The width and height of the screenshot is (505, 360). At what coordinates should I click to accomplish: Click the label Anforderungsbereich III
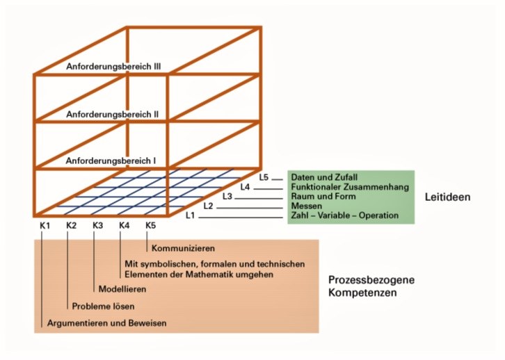coord(113,67)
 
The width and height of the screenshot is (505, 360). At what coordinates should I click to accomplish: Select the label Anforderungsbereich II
coord(113,113)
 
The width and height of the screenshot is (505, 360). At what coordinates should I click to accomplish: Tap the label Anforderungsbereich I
coord(111,161)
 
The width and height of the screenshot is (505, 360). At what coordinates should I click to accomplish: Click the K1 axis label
coord(44,225)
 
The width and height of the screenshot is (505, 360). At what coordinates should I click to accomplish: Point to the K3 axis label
coord(98,225)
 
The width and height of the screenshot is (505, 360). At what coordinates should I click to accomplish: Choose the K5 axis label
coord(152,225)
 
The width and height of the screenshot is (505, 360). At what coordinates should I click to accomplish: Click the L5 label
coord(264,177)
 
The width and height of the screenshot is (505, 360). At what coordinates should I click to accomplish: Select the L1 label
coord(190,216)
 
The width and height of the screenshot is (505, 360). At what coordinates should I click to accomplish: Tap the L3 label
coord(227,197)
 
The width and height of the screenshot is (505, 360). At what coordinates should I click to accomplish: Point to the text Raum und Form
coord(323,197)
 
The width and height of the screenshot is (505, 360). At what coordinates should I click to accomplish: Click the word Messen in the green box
coord(307,206)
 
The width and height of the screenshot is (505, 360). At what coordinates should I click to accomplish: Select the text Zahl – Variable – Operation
coord(345,216)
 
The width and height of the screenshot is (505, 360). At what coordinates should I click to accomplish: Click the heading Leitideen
coord(448,197)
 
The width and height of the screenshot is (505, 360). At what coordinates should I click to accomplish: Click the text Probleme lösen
coord(104,306)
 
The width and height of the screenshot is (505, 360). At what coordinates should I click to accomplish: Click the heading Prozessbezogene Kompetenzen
coord(371,286)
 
